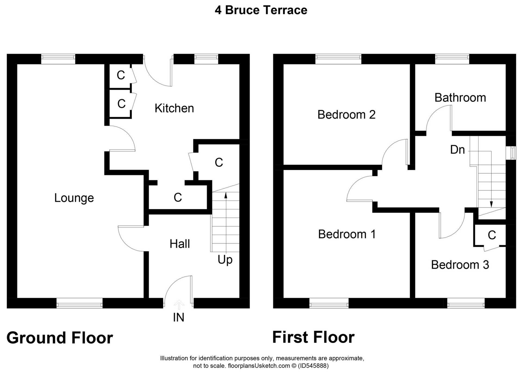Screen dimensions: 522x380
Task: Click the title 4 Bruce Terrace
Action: tap(261, 10)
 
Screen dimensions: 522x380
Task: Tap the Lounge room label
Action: tap(74, 198)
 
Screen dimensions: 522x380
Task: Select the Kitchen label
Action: tap(174, 108)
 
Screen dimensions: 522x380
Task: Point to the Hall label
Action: tap(180, 244)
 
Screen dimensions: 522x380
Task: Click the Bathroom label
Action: tap(460, 98)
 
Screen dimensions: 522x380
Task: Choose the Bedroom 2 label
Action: tap(347, 115)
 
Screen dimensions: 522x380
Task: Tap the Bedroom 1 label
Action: tap(347, 234)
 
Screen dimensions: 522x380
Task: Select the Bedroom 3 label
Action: tap(460, 265)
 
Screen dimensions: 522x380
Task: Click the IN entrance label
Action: tap(179, 318)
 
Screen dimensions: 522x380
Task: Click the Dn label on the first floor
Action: tap(458, 150)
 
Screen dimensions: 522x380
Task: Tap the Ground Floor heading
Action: tap(60, 338)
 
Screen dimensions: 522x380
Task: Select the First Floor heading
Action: tap(313, 337)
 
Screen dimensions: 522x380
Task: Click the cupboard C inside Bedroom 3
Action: tap(492, 235)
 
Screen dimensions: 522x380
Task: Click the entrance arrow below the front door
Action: tap(179, 305)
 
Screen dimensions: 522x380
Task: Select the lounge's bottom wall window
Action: tap(79, 303)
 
